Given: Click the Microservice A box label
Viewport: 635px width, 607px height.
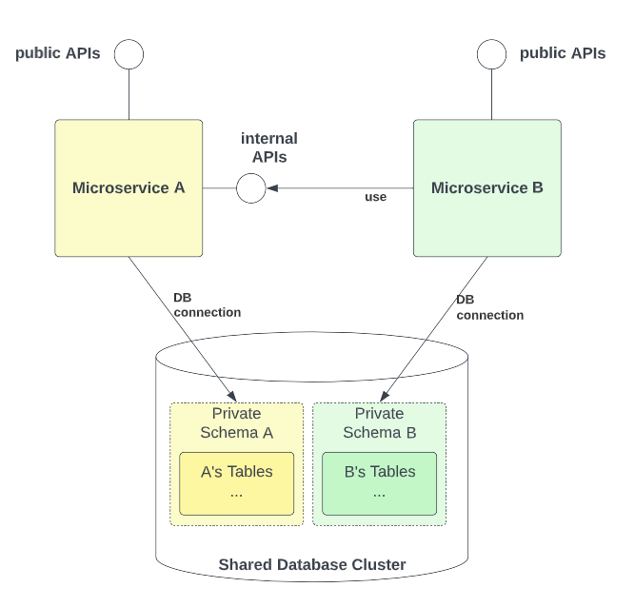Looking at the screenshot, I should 129,187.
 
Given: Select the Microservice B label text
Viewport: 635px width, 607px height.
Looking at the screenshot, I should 486,187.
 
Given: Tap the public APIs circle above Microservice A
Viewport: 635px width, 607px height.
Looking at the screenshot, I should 129,54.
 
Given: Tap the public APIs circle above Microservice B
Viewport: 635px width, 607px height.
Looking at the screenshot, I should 491,54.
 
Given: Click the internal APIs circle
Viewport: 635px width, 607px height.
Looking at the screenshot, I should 250,188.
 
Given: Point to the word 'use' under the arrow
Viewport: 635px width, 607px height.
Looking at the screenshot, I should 375,197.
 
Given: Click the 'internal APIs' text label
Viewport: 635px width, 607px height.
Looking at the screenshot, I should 268,147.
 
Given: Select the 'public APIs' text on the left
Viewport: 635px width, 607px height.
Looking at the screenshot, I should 57,53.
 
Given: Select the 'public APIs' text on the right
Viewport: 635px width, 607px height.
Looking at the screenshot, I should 562,53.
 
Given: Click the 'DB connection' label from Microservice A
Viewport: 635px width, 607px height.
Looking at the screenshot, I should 207,304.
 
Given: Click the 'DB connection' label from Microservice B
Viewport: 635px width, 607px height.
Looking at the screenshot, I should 489,307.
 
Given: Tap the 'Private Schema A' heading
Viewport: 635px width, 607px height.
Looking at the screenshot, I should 236,423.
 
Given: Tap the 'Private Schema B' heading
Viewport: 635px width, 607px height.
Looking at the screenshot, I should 379,423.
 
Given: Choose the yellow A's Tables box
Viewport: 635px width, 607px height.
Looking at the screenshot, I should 236,483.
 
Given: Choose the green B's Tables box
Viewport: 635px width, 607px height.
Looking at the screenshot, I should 379,483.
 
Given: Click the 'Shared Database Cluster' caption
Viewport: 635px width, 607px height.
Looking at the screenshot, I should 312,565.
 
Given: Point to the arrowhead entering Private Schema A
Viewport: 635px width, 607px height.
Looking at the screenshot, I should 230,396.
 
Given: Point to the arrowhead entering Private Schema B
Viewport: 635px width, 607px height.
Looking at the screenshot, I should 388,396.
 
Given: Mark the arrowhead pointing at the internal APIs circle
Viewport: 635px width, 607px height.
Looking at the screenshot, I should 272,188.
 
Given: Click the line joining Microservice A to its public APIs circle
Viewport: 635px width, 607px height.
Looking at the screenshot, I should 129,94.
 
